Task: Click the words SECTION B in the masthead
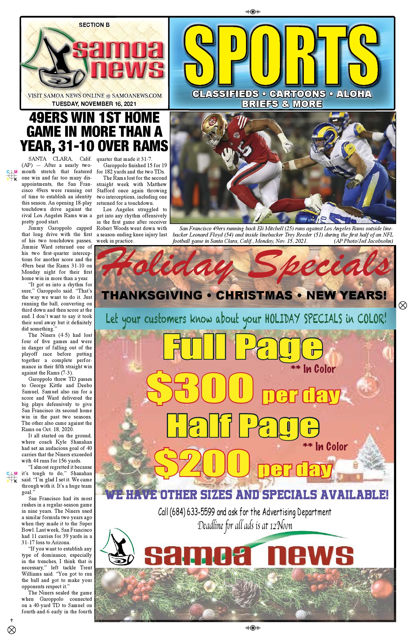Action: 94,25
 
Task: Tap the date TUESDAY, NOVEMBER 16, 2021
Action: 94,104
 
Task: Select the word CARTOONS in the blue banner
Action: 298,94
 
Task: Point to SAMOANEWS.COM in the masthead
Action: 137,96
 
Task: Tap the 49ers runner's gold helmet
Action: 212,126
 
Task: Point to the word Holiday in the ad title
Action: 164,265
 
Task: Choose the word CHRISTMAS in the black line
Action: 254,295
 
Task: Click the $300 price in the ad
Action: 200,388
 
